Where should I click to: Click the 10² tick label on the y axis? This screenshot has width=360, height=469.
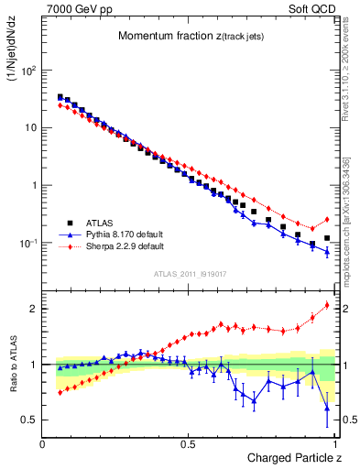click(x=27, y=70)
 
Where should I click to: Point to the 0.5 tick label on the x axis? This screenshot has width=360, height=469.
click(x=189, y=444)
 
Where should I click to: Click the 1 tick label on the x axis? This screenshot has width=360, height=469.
click(x=334, y=444)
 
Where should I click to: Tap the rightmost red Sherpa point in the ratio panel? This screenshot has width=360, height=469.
click(x=327, y=305)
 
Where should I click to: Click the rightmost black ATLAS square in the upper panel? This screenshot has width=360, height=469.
click(x=327, y=237)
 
